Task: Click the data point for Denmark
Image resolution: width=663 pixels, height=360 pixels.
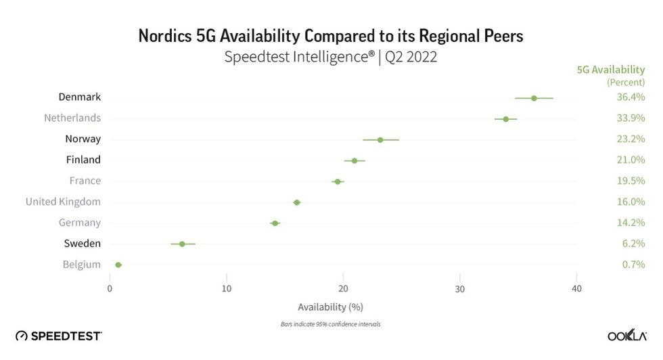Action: [x=534, y=98]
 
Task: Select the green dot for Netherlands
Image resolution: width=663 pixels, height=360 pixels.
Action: [x=505, y=119]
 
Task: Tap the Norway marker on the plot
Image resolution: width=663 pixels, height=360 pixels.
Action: [x=380, y=140]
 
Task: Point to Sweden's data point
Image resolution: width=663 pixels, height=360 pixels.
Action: [x=182, y=244]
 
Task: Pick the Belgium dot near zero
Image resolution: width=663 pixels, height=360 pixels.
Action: [x=118, y=265]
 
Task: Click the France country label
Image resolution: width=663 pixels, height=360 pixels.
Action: [x=85, y=181]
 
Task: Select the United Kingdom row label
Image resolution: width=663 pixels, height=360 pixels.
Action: [x=63, y=202]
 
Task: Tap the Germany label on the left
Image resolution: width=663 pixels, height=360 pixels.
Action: [x=80, y=223]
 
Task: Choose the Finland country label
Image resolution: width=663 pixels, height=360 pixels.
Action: [x=83, y=160]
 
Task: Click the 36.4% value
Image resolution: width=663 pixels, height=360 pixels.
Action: [x=631, y=97]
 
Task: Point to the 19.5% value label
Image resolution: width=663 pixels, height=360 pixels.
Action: [x=631, y=181]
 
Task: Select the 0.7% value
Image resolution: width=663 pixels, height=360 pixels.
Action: [x=633, y=265]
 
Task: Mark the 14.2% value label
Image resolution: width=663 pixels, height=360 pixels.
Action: [x=631, y=223]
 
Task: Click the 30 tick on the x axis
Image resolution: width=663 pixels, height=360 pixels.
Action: [x=460, y=289]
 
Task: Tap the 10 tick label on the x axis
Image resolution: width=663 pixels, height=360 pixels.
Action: [x=227, y=289]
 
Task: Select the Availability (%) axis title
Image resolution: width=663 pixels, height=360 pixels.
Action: [x=330, y=307]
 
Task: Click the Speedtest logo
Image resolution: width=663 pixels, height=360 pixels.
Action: [x=59, y=336]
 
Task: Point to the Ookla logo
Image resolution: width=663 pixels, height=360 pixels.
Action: [x=626, y=336]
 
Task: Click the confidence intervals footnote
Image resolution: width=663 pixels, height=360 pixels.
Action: [x=330, y=324]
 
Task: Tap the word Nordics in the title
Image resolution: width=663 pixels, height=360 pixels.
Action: [x=165, y=36]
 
